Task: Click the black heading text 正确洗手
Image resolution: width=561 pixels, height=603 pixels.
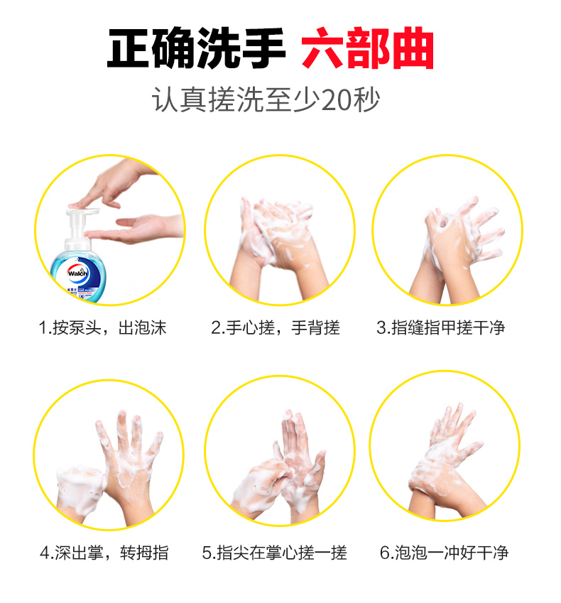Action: click(196, 48)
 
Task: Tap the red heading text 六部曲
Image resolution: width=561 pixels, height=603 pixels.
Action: click(368, 48)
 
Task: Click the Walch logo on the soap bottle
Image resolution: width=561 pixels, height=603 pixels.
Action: click(77, 273)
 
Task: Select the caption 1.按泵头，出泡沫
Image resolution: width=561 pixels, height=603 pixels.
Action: click(103, 328)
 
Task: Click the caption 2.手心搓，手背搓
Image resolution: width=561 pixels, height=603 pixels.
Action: click(276, 328)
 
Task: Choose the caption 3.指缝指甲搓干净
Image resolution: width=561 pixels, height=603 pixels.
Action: click(441, 328)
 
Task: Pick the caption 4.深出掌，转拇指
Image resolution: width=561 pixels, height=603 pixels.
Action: click(104, 553)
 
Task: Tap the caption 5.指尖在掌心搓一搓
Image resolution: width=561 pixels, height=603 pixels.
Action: click(275, 553)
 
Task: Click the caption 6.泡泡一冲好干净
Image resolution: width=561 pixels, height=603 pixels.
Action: click(444, 553)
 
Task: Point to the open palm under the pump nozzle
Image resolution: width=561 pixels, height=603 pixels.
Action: click(135, 229)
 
